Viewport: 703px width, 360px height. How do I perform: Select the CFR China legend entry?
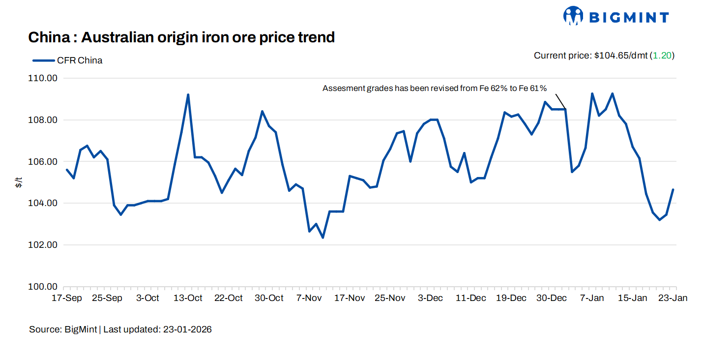[x=68, y=60]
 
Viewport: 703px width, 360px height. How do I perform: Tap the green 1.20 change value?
[x=662, y=56]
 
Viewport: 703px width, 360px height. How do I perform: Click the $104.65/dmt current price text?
[x=620, y=56]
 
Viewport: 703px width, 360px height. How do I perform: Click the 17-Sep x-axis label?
[x=67, y=298]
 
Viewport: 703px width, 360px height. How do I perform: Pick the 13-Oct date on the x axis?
[x=188, y=298]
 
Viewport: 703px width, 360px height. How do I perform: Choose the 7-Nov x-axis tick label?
[x=310, y=298]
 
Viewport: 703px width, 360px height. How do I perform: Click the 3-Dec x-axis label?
[x=431, y=298]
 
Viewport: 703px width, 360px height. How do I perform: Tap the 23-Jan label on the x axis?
[x=673, y=298]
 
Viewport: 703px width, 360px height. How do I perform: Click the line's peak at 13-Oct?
[x=188, y=94]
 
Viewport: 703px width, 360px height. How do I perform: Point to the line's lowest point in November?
[x=323, y=238]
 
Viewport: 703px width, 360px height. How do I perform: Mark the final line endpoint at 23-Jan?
[x=673, y=190]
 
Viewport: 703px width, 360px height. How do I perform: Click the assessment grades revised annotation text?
[x=435, y=89]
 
